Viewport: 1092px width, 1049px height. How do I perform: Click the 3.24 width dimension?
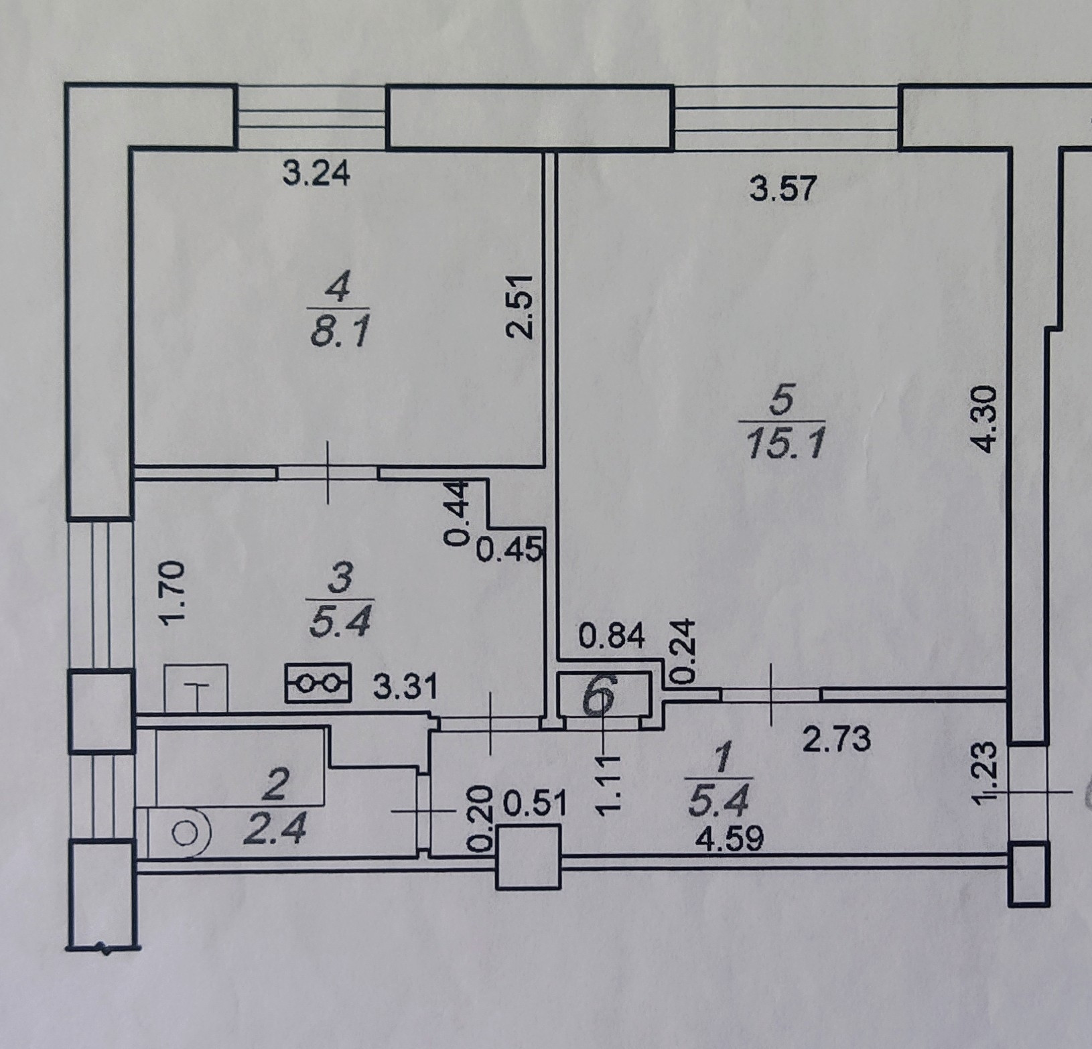point(316,174)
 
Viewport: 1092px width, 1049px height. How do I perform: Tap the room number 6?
point(599,697)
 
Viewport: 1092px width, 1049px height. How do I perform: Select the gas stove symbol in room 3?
point(318,683)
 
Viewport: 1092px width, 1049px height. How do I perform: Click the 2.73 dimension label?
point(837,740)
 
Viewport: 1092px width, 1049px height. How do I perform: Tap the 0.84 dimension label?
point(612,636)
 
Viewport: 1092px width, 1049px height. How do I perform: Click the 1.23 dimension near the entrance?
point(989,774)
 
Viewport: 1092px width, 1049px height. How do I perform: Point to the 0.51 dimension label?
point(534,806)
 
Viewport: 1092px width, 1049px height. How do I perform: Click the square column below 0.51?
point(528,857)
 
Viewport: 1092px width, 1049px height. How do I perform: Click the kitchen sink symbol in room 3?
point(196,687)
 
